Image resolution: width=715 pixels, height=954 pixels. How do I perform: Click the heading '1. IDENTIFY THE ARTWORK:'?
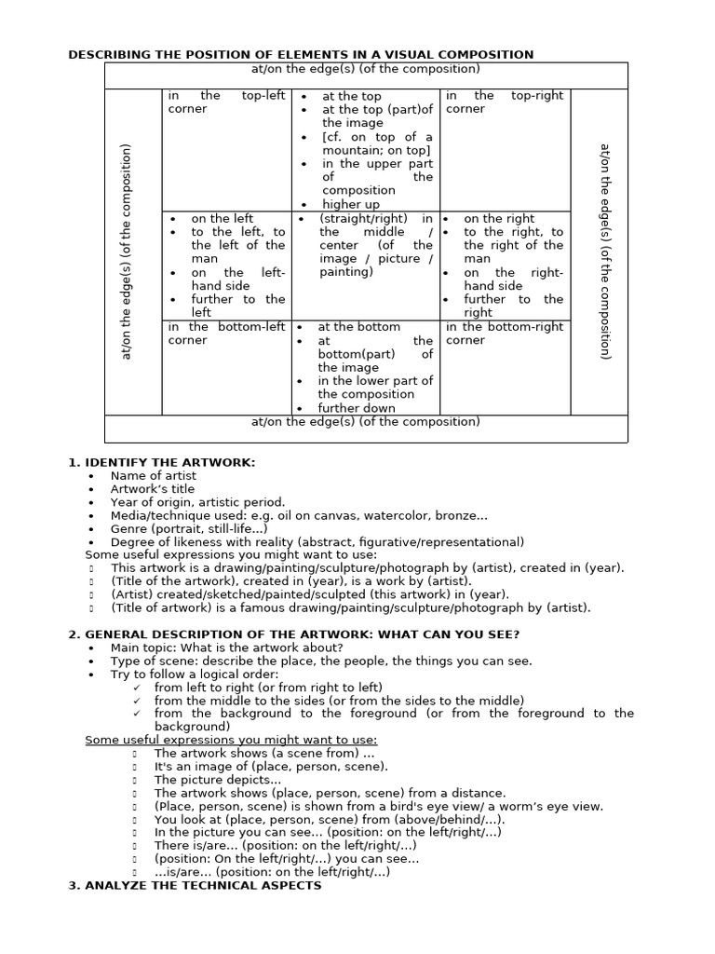tap(161, 462)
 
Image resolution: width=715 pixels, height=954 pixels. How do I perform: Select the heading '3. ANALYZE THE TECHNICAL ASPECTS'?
tap(195, 885)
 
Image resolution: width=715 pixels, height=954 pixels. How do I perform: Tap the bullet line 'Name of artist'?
tap(153, 475)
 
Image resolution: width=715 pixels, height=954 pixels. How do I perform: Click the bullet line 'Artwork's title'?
tap(153, 489)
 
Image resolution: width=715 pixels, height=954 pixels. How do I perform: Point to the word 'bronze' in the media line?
tap(465, 515)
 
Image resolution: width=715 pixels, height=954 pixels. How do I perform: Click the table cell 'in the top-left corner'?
tap(226, 102)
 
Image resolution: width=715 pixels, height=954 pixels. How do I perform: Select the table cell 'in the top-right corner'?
tap(505, 102)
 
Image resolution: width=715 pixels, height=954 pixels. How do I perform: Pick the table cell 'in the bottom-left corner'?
tap(226, 334)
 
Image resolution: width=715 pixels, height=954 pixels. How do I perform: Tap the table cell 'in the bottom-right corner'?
tap(505, 334)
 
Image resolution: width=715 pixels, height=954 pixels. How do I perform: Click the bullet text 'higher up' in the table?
tap(351, 204)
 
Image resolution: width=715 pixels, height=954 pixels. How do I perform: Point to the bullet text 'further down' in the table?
tap(357, 408)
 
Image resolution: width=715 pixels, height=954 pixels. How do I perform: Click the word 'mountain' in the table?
tap(355, 150)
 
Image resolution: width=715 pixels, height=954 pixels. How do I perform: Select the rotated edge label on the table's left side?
tap(128, 252)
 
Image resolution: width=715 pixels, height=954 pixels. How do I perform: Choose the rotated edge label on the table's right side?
tap(604, 252)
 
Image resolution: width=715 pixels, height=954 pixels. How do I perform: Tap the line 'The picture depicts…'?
tap(217, 780)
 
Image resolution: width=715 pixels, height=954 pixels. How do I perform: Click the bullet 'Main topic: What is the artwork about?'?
tap(226, 647)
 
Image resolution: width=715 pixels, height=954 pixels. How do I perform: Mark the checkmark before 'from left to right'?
tap(137, 688)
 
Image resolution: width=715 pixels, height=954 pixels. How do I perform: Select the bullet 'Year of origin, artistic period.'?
tap(197, 502)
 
